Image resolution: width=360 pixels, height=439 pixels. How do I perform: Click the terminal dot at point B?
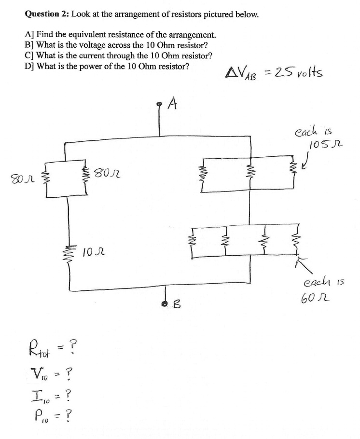coord(164,303)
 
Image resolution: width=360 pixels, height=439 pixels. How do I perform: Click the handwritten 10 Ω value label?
coord(93,251)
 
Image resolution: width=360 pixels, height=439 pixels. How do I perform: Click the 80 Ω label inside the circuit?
coord(107,170)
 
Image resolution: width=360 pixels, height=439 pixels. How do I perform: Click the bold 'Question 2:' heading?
coord(47,14)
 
